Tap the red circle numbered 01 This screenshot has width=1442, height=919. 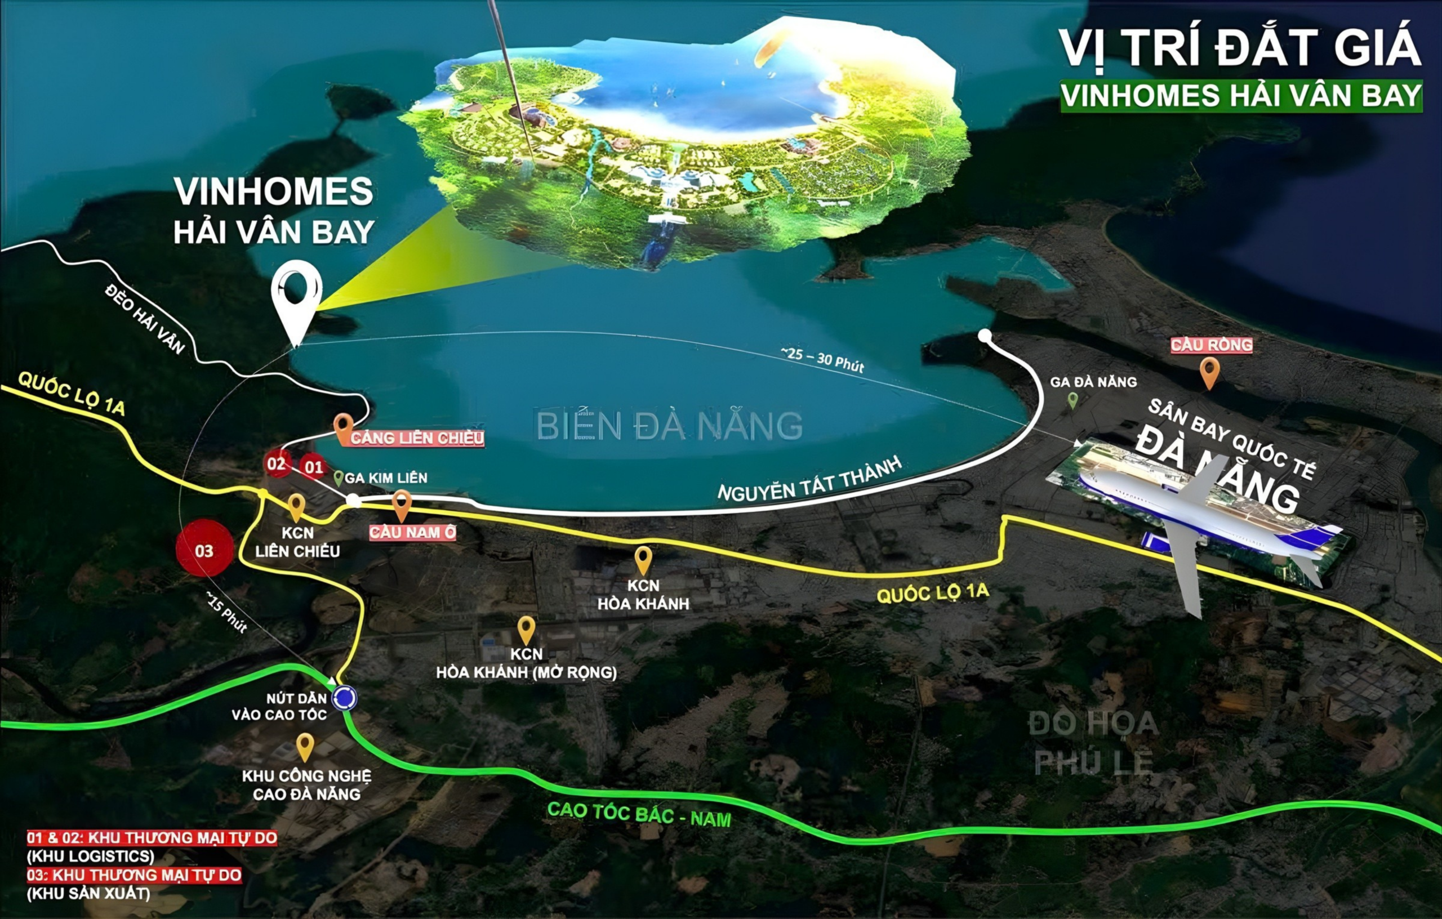[313, 467]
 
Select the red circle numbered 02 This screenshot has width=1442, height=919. [277, 463]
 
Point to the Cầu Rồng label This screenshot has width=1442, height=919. [1212, 345]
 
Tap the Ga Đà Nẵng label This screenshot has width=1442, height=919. [1093, 382]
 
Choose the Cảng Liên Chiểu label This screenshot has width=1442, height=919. [417, 438]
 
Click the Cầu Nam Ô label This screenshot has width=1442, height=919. [412, 532]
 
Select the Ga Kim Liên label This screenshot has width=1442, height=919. [386, 478]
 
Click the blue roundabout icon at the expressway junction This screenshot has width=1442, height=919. [344, 698]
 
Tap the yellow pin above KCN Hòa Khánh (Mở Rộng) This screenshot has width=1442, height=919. [526, 629]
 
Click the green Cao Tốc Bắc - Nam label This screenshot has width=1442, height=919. [639, 814]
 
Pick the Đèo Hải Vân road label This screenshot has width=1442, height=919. [144, 319]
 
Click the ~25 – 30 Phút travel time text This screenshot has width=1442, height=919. [822, 360]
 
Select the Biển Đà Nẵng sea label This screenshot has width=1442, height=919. [669, 426]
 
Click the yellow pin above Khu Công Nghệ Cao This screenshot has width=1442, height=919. [305, 746]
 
